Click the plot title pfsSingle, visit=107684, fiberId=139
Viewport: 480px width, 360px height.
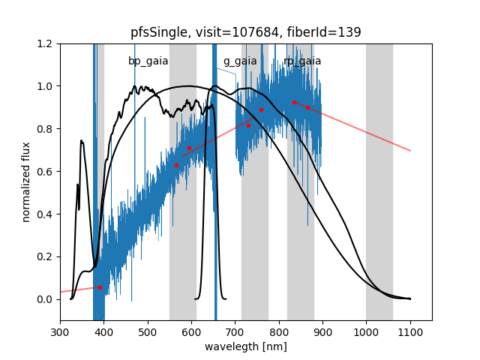click(x=245, y=32)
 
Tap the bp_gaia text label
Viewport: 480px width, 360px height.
click(x=148, y=61)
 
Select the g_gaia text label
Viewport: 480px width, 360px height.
click(x=240, y=61)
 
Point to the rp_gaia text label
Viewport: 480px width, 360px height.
click(x=302, y=61)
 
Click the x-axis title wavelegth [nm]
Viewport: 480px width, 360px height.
click(x=245, y=346)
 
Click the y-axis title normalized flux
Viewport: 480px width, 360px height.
click(x=26, y=182)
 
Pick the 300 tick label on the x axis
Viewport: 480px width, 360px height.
click(x=60, y=331)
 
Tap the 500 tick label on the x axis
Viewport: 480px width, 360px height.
click(x=148, y=331)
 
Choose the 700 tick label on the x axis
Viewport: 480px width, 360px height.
click(x=235, y=331)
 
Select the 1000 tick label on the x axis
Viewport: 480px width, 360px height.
click(x=366, y=331)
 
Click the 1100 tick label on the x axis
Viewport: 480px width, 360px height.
click(x=410, y=331)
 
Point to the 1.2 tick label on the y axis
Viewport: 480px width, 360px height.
click(x=45, y=43)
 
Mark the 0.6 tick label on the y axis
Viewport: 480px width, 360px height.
click(x=45, y=172)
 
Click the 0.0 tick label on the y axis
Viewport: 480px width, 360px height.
click(x=45, y=299)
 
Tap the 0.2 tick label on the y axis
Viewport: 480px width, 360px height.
click(x=45, y=256)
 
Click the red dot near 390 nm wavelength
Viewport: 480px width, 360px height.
click(x=100, y=287)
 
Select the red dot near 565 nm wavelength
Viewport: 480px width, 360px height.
click(x=176, y=165)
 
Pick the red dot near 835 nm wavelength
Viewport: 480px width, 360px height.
click(x=294, y=102)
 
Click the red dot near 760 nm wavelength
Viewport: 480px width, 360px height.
click(x=261, y=110)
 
